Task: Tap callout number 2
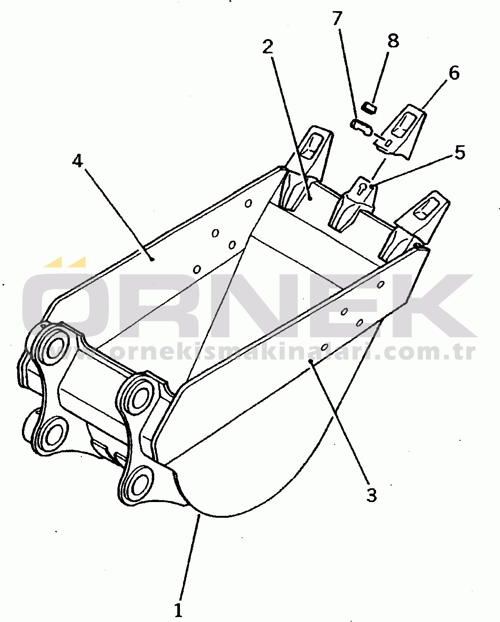pos(268,47)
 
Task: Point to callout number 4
pos(78,160)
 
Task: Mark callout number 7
pos(337,18)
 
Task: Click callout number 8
pos(393,41)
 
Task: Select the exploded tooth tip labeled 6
pos(401,132)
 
